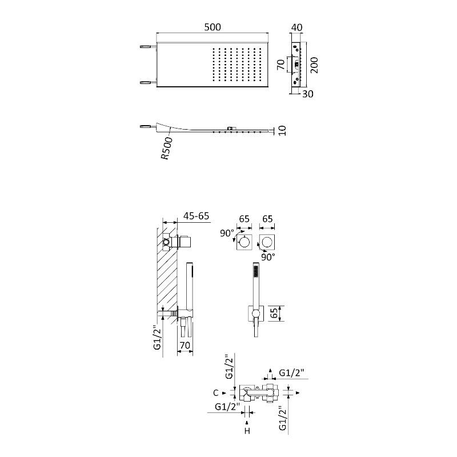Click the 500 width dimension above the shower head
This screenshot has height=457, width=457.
pos(213,27)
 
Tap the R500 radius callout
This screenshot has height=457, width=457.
pos(167,149)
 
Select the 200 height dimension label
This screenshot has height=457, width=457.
pos(314,65)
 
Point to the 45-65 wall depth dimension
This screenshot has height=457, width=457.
pos(196,216)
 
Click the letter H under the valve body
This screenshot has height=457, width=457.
pos(247,431)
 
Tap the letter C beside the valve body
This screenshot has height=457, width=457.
pos(216,393)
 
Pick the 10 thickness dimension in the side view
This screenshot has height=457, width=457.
pos(282,131)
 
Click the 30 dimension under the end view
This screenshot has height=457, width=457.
pos(307,94)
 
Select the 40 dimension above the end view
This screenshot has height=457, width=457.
pos(296,27)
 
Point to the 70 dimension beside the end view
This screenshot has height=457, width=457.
pos(280,65)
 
